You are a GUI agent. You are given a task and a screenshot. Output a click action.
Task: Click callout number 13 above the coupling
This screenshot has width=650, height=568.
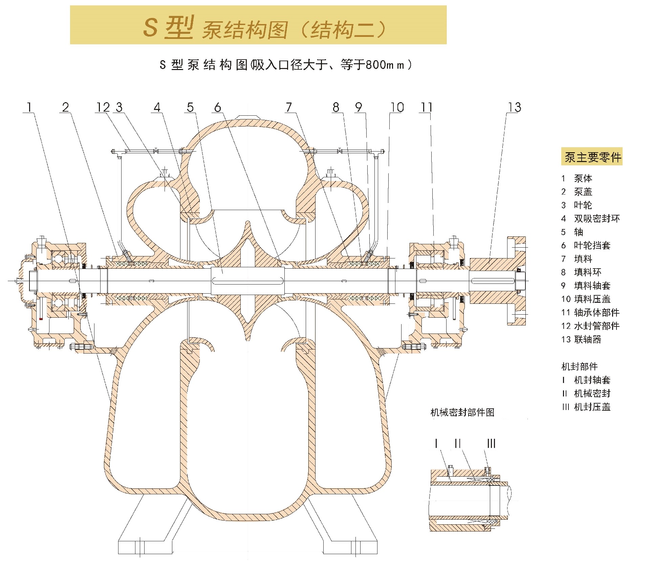(x=514, y=108)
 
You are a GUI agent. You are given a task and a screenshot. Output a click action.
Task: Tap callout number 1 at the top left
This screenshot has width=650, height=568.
(x=29, y=108)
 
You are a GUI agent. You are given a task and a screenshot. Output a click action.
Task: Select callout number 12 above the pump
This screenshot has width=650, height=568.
(x=103, y=108)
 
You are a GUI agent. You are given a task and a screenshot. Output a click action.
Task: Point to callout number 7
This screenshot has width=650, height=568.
(x=288, y=108)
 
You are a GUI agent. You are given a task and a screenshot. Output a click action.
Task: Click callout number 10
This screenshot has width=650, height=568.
(x=397, y=108)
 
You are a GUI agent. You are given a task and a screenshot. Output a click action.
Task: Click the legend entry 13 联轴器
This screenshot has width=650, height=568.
(x=581, y=339)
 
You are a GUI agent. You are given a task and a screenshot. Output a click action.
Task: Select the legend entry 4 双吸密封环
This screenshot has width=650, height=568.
(x=590, y=219)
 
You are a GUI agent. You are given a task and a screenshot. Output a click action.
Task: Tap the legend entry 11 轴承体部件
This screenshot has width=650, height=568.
(x=590, y=313)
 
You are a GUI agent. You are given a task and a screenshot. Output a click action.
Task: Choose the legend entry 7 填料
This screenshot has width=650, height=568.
(x=577, y=259)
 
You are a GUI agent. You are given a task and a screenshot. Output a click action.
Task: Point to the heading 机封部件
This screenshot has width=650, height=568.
(x=580, y=366)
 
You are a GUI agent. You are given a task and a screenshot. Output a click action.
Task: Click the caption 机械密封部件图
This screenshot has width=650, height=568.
(x=462, y=412)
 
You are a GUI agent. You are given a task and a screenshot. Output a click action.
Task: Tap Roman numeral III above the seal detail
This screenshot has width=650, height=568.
(x=491, y=444)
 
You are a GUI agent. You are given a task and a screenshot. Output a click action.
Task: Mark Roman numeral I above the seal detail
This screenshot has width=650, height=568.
(x=436, y=444)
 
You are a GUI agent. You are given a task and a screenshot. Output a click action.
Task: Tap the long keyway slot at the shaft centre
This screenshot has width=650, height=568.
(x=248, y=280)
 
